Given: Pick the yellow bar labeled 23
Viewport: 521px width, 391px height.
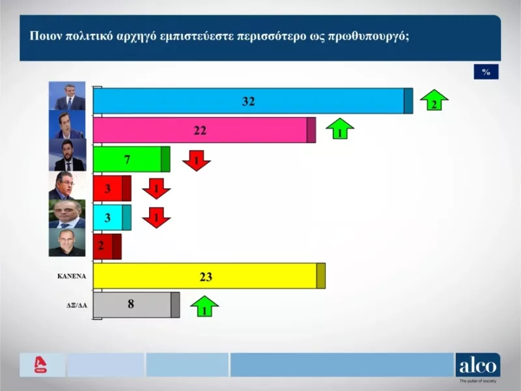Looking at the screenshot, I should pyautogui.click(x=208, y=276).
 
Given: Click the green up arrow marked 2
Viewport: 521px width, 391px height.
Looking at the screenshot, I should pyautogui.click(x=434, y=101).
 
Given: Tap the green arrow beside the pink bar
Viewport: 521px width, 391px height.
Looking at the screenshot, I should pyautogui.click(x=340, y=129).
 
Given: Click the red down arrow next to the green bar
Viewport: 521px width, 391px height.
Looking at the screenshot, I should pyautogui.click(x=196, y=160).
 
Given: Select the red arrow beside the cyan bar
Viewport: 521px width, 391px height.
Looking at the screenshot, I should pyautogui.click(x=156, y=217).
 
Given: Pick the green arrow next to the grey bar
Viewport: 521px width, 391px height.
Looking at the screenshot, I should pyautogui.click(x=204, y=306).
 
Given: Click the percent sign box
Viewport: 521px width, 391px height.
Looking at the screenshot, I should pyautogui.click(x=486, y=72).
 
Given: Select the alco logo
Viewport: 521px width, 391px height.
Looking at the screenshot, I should pyautogui.click(x=477, y=366).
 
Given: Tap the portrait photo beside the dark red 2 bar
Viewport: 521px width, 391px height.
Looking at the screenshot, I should pyautogui.click(x=67, y=242).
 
